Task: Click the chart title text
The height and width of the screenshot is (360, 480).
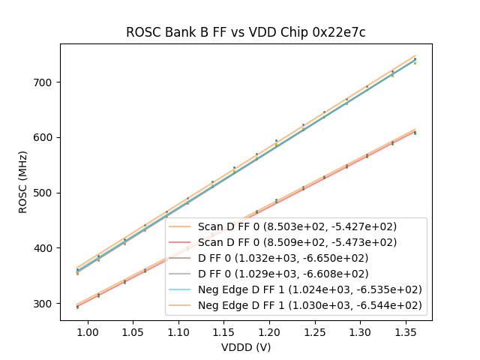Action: click(245, 32)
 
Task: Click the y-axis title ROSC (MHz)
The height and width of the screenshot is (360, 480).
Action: click(24, 182)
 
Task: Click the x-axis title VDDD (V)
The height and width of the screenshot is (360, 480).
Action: click(245, 346)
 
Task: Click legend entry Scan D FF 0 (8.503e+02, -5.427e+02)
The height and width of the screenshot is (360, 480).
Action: click(297, 226)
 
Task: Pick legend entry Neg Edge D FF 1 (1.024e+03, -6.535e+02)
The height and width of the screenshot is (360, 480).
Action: click(310, 289)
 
